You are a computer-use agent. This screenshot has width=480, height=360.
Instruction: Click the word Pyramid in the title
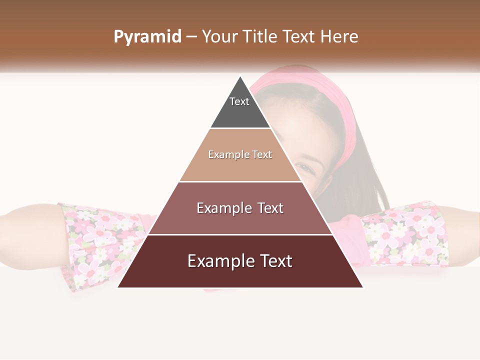[x=147, y=37]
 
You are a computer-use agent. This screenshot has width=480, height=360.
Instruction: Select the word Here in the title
[x=339, y=37]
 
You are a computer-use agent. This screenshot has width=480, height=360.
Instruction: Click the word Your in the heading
[x=219, y=37]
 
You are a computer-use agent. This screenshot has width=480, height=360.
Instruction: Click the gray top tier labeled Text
[x=239, y=107]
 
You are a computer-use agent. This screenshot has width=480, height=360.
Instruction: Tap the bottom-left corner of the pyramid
[x=118, y=287]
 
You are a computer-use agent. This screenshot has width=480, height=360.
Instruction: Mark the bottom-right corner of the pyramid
[x=362, y=287]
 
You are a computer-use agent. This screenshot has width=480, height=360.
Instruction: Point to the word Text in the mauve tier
[x=267, y=208]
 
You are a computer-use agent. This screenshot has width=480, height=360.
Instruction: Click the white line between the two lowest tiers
[x=240, y=234]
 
